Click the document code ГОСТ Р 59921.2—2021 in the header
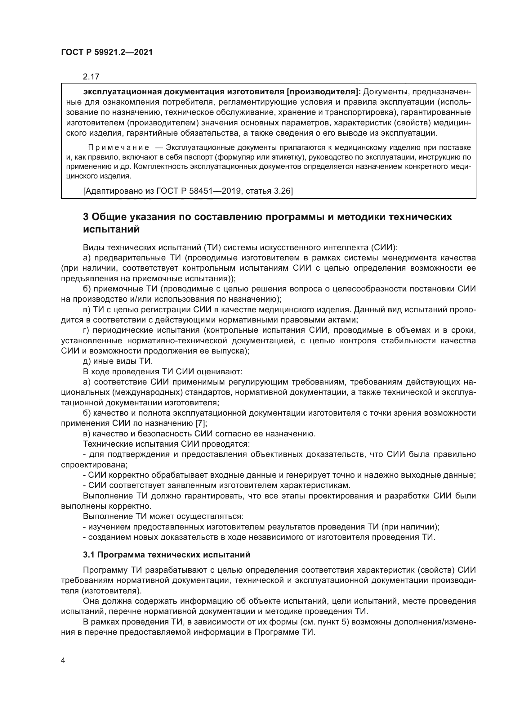click(107, 52)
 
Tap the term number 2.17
click(91, 77)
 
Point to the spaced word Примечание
click(119, 148)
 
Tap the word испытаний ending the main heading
click(111, 229)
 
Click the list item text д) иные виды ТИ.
click(118, 361)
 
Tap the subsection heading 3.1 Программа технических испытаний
click(167, 555)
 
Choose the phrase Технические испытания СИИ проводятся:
click(167, 444)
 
